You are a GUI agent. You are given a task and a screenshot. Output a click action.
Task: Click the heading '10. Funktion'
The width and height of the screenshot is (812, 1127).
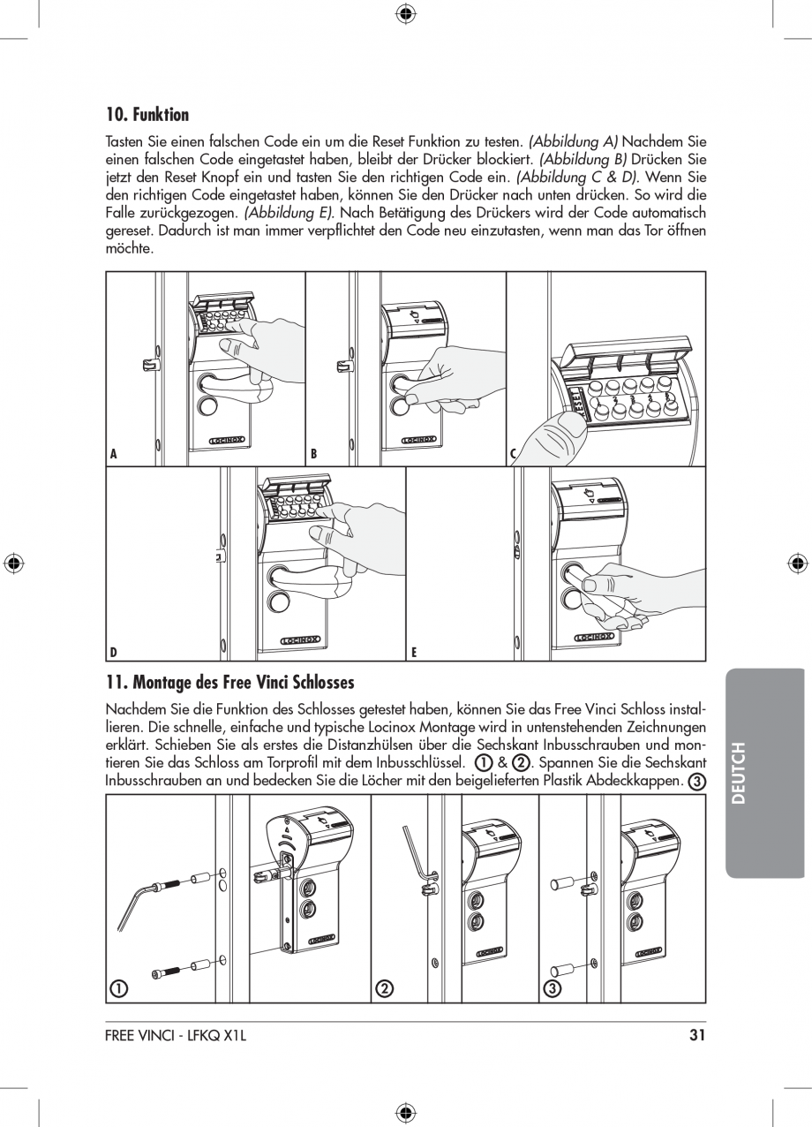point(147,115)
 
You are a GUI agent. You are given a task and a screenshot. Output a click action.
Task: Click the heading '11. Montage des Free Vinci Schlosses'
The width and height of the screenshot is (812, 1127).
point(229,682)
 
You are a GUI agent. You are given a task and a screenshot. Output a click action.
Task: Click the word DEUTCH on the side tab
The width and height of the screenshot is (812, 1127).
point(739,773)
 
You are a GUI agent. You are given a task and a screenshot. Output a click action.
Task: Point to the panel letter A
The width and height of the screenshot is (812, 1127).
point(113,455)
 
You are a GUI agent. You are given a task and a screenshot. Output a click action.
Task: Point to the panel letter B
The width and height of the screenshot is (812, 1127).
point(313,455)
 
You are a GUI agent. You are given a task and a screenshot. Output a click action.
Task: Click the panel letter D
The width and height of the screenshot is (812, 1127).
point(113,653)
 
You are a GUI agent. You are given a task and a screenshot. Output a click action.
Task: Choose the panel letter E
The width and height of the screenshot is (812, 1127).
point(413,653)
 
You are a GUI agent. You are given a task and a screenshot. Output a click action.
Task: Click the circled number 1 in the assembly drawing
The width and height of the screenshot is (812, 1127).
point(116,988)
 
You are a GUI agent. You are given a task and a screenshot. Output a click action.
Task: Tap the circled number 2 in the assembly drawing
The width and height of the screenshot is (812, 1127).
point(384,988)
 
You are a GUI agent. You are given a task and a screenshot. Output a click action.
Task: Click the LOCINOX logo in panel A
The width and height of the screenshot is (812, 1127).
point(226,439)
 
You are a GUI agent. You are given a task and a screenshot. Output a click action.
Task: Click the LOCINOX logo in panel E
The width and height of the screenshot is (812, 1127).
point(594,636)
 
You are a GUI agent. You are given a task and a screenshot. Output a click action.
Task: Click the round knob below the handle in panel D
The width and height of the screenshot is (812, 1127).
point(279,602)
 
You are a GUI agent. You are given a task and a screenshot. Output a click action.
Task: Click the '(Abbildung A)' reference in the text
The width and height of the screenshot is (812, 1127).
point(574,141)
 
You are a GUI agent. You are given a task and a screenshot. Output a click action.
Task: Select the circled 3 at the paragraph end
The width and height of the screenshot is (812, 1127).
point(696,782)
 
